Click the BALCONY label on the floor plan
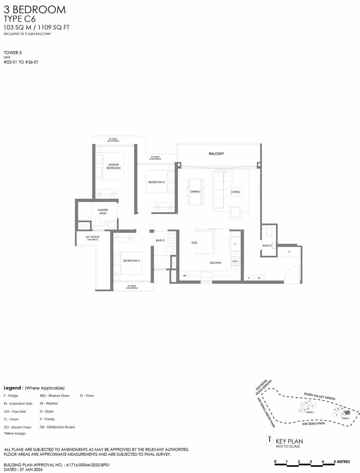pyautogui.click(x=216, y=154)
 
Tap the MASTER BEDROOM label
pyautogui.click(x=113, y=166)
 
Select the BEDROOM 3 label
pyautogui.click(x=156, y=182)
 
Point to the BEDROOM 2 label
pyautogui.click(x=131, y=261)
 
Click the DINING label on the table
pyautogui.click(x=195, y=192)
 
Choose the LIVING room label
pyautogui.click(x=235, y=192)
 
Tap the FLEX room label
pyautogui.click(x=194, y=243)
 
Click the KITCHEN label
pyautogui.click(x=215, y=263)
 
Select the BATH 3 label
pyautogui.click(x=267, y=246)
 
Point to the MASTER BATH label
pyautogui.click(x=103, y=212)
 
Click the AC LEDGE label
pyautogui.click(x=92, y=237)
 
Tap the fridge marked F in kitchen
pyautogui.click(x=235, y=245)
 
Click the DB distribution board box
pyautogui.click(x=259, y=278)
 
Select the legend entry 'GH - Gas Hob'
pyautogui.click(x=15, y=411)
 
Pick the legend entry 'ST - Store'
pyautogui.click(x=87, y=396)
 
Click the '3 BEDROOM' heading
pyautogui.click(x=35, y=10)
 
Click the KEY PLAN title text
pyautogui.click(x=289, y=441)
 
